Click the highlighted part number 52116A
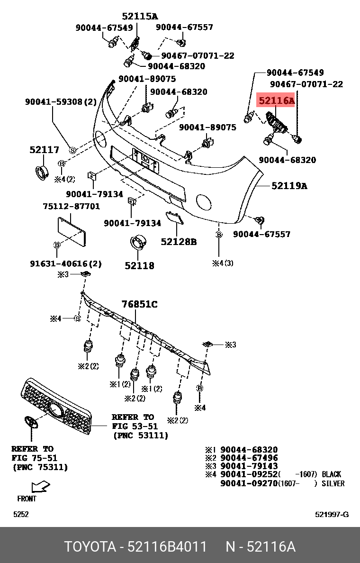[276, 101]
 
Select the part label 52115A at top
[140, 16]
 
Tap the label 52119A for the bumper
[289, 186]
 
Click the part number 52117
[44, 150]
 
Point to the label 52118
[139, 265]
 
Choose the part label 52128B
[179, 242]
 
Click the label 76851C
[139, 304]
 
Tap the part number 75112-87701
[71, 206]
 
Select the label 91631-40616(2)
[66, 264]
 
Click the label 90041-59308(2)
[61, 102]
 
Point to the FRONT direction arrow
[40, 487]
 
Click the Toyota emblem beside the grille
[31, 423]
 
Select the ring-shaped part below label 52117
[42, 172]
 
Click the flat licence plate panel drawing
[72, 232]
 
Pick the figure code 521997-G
[332, 515]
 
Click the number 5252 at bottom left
[21, 515]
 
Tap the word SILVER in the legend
[333, 483]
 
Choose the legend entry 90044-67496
[249, 458]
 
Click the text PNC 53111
[140, 436]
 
